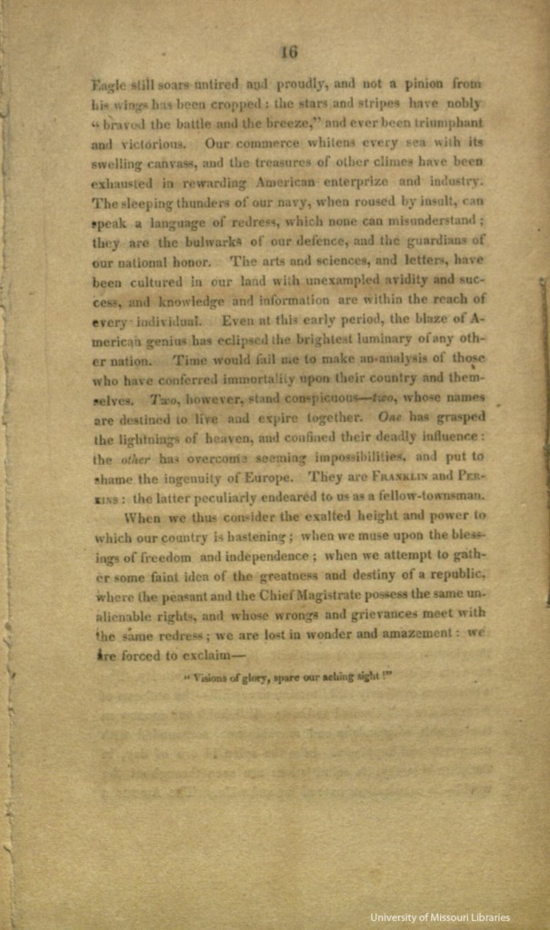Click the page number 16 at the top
click(289, 52)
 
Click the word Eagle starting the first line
click(110, 85)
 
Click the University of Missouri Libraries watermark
click(439, 917)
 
